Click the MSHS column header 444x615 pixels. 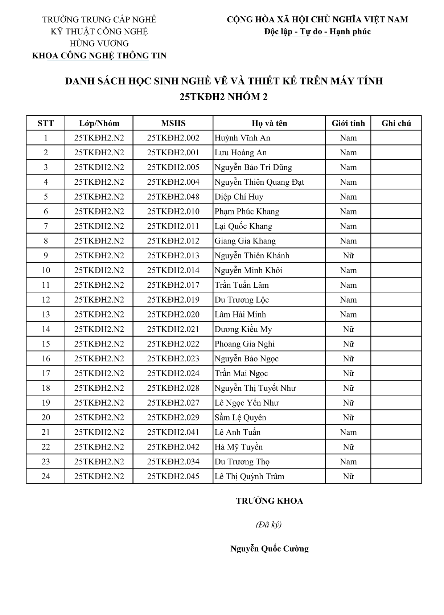(173, 123)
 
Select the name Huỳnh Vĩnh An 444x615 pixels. (242, 138)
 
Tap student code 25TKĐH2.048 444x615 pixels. (173, 197)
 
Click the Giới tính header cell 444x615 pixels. (348, 123)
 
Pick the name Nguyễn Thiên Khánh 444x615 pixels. (252, 256)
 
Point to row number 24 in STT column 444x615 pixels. (46, 476)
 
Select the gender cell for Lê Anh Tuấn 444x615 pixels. (348, 432)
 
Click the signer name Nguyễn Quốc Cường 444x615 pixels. (269, 549)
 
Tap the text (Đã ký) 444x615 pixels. (269, 525)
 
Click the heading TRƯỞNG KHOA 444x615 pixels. (269, 501)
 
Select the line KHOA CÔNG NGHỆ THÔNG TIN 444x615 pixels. (99, 56)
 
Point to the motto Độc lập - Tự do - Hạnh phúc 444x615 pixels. (317, 32)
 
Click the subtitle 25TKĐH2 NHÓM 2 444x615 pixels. (224, 97)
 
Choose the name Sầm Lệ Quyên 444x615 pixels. (240, 418)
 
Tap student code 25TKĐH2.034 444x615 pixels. (173, 462)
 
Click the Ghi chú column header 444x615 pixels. (396, 123)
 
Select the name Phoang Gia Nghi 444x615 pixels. (244, 344)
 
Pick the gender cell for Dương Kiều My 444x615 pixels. (348, 329)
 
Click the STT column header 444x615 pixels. (46, 123)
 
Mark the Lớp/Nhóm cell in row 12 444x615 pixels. (99, 300)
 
